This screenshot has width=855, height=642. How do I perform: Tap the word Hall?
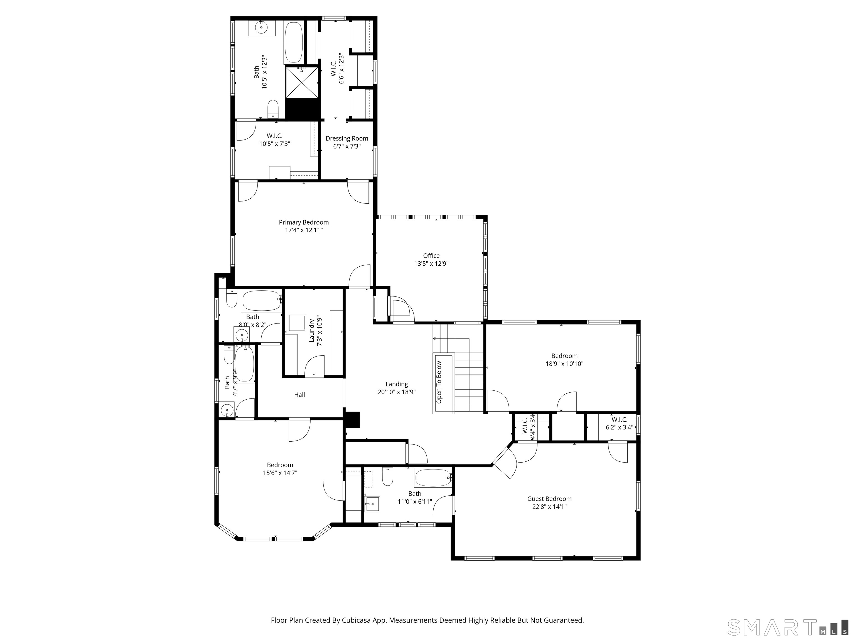tap(299, 395)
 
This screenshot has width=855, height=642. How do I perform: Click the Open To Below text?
tap(439, 382)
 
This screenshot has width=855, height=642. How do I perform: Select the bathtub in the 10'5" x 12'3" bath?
tap(294, 42)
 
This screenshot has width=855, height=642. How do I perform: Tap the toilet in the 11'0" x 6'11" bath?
tap(388, 476)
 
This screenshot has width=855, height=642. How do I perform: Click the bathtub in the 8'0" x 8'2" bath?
tap(262, 301)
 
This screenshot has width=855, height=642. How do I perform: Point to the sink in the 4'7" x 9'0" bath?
tap(227, 409)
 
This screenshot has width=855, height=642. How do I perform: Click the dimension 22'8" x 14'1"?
tap(549, 507)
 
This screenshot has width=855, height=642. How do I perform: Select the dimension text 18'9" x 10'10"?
tap(564, 364)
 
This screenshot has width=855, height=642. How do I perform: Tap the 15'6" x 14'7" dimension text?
tap(280, 473)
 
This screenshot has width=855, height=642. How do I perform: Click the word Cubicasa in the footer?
tap(356, 620)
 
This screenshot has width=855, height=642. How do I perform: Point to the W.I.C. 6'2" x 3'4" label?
tap(619, 423)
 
